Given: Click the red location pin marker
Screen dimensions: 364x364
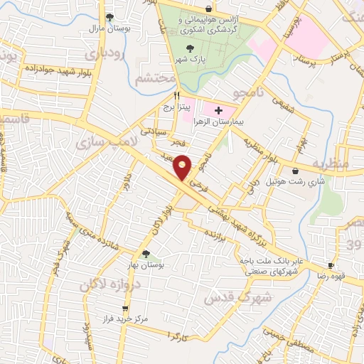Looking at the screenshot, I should [x=183, y=167].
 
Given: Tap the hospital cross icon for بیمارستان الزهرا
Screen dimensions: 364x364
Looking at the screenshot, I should [x=218, y=111].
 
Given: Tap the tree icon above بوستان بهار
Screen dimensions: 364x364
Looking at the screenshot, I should [x=146, y=254].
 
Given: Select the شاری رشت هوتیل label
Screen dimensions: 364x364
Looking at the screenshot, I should [x=289, y=182].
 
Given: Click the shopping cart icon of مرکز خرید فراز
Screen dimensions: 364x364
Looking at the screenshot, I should [x=126, y=309].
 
